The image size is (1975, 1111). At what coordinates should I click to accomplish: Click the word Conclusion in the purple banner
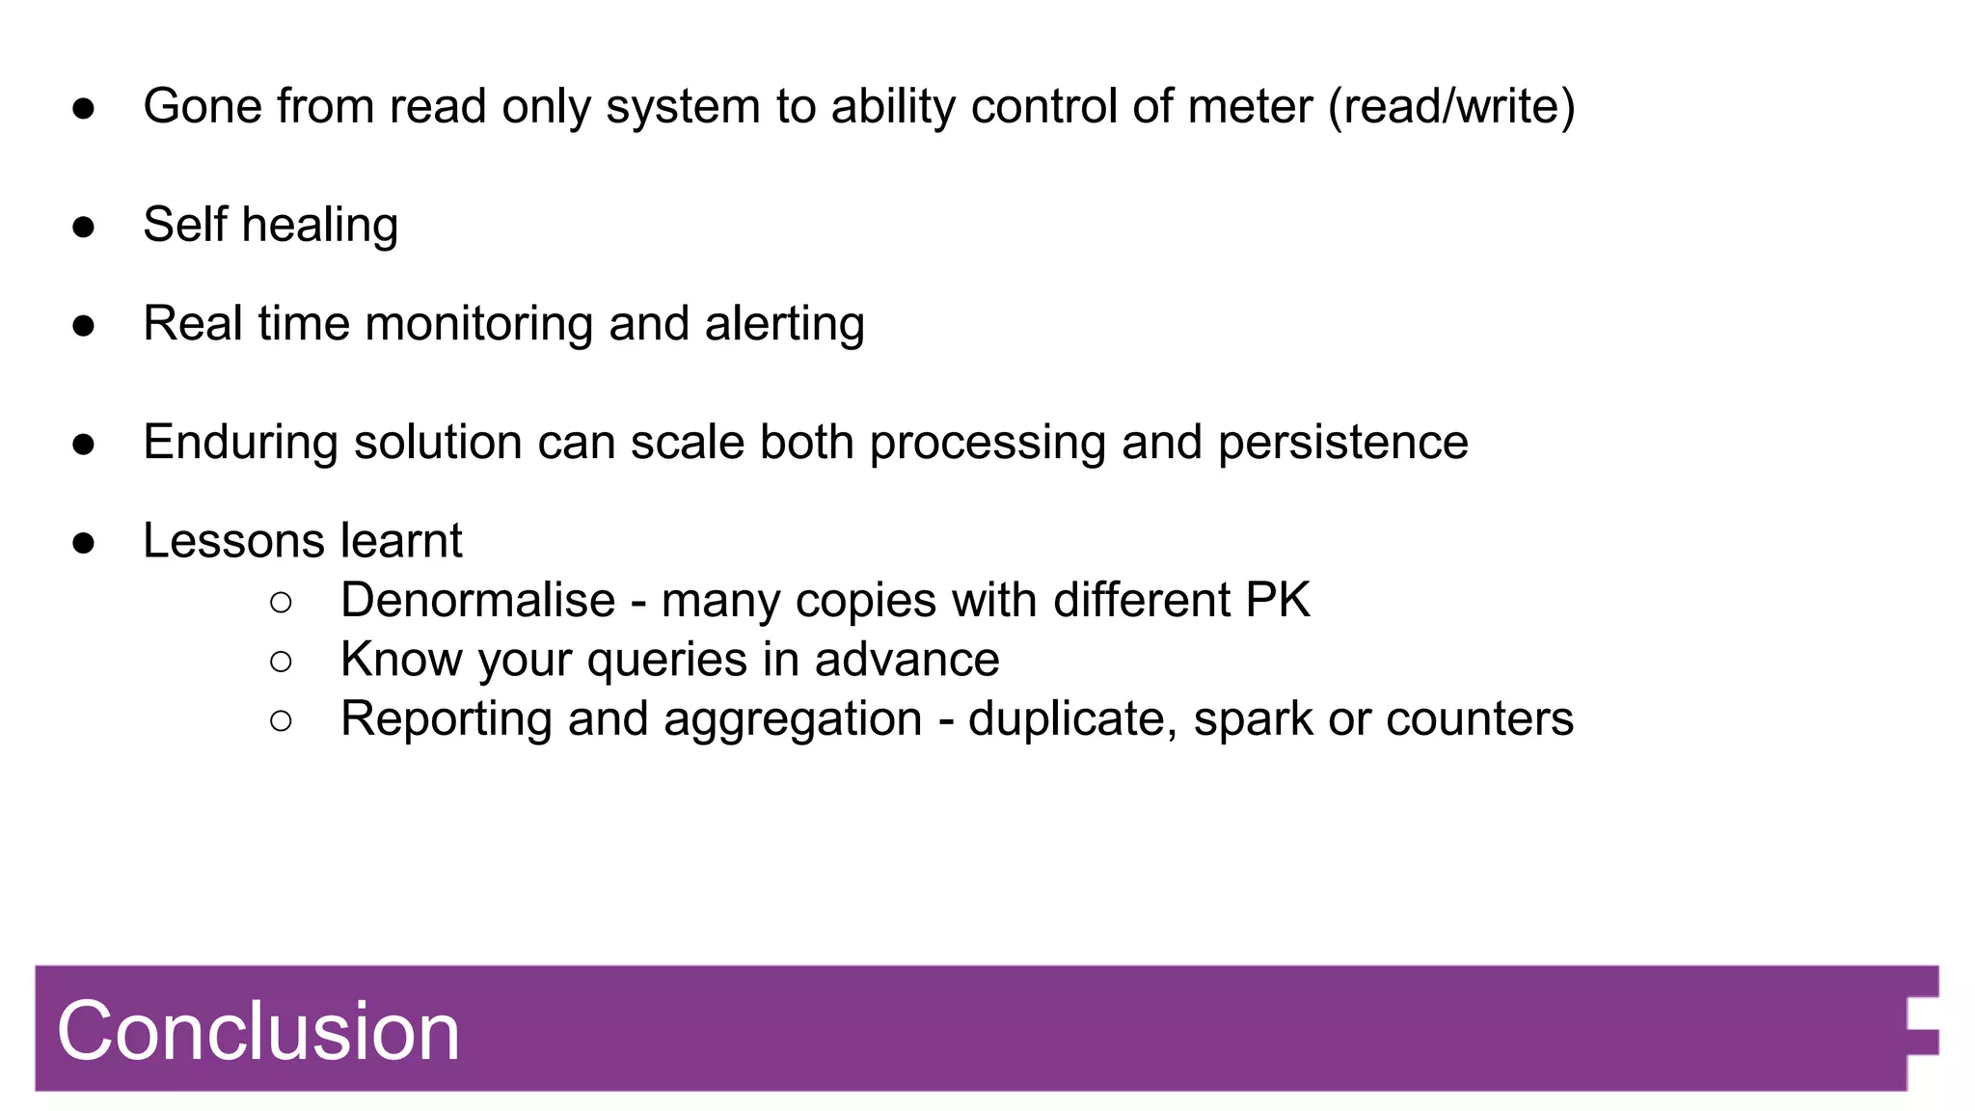[258, 1031]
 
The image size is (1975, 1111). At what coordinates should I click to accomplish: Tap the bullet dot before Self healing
[84, 227]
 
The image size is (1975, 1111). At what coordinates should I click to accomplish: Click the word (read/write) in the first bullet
[1451, 106]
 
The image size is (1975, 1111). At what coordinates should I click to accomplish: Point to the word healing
[319, 226]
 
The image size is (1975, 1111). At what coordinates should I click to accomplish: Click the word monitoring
[478, 324]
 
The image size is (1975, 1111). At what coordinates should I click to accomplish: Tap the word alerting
[784, 324]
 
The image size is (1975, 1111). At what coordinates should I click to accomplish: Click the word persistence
[1342, 443]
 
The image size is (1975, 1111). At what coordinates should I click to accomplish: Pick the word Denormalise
[477, 600]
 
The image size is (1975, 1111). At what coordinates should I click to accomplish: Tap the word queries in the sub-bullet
[667, 661]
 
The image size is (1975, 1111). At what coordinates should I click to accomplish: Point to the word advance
[906, 660]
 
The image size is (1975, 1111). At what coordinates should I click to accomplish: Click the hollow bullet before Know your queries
[281, 662]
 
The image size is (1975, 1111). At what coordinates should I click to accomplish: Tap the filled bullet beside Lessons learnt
[84, 543]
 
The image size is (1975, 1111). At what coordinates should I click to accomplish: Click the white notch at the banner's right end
[1923, 1014]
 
